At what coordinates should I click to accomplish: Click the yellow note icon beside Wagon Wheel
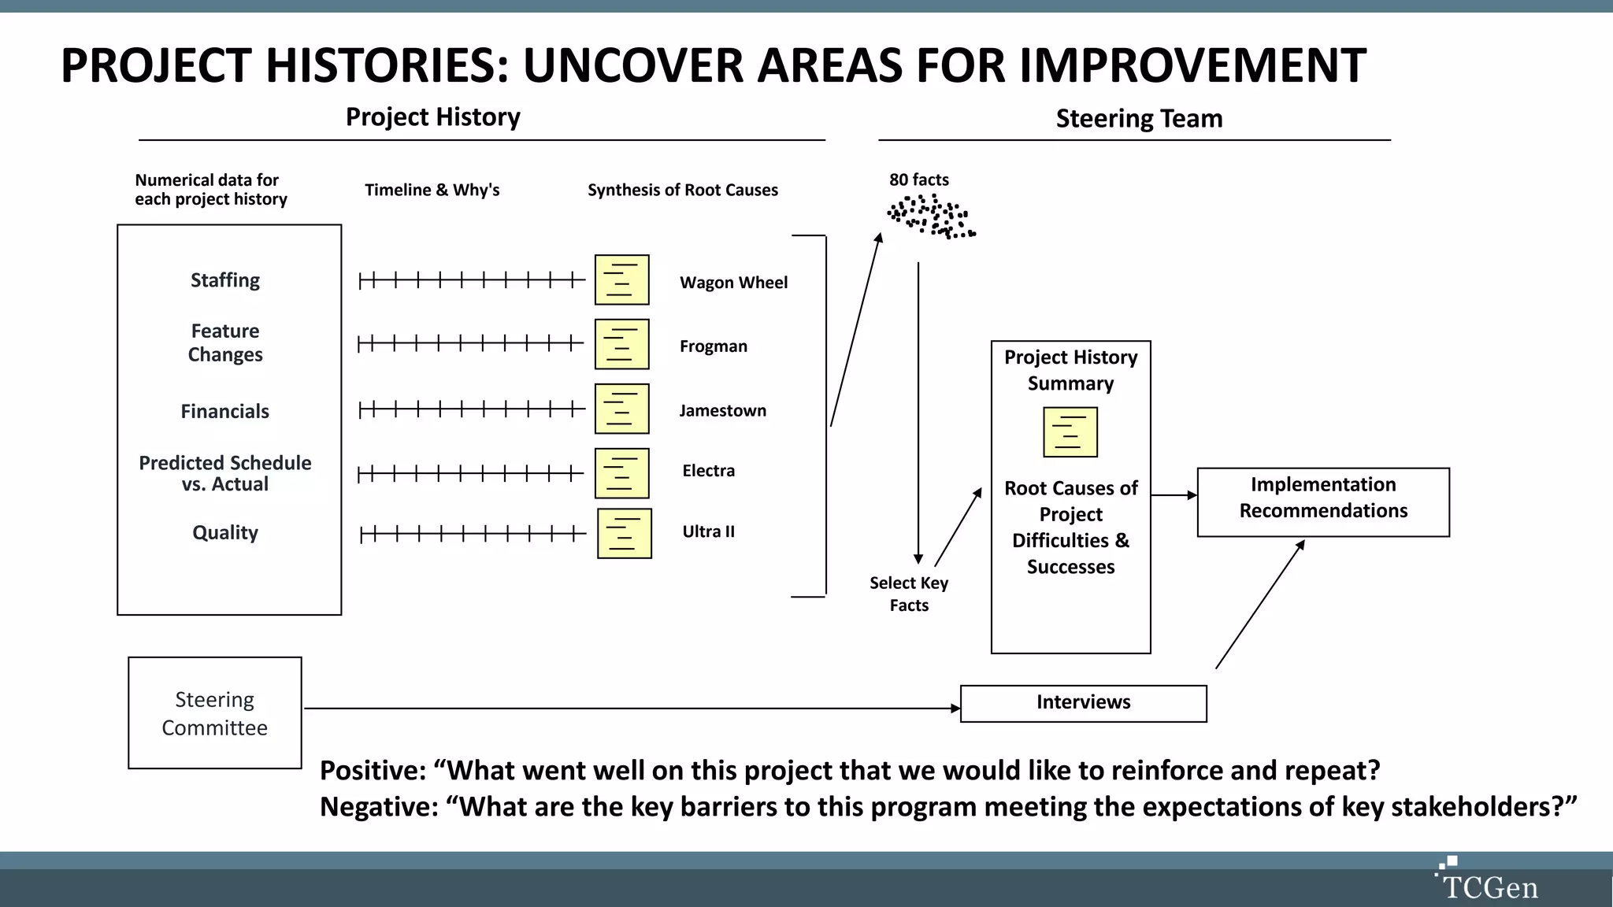tap(621, 280)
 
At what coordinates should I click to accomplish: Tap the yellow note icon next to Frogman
tap(621, 344)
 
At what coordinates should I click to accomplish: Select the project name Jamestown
tap(722, 410)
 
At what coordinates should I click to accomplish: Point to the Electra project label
tap(708, 471)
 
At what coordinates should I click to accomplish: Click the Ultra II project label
tap(708, 531)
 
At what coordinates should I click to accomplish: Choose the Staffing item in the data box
tap(225, 280)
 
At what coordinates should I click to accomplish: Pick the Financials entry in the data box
tap(225, 411)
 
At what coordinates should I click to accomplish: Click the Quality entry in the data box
tap(225, 533)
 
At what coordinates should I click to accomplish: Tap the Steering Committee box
tap(215, 713)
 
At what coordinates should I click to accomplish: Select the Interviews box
tap(1083, 703)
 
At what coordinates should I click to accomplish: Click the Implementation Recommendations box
tap(1323, 502)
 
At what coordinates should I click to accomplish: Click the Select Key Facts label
tap(909, 594)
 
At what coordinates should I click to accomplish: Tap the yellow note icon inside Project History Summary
tap(1070, 432)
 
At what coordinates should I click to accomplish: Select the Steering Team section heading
tap(1139, 119)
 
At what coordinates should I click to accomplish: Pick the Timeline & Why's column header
tap(432, 190)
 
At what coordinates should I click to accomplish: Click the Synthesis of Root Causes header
tap(682, 190)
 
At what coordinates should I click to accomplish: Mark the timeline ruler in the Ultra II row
tap(473, 535)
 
